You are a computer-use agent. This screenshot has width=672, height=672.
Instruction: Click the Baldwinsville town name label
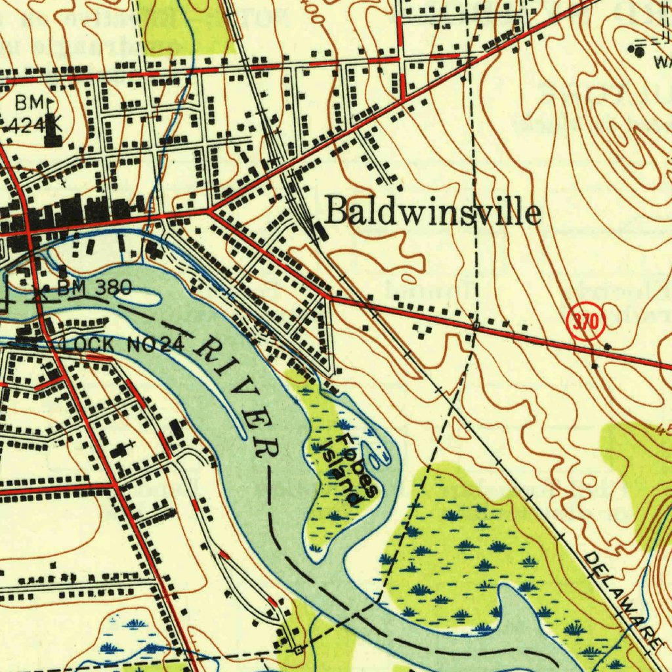[x=433, y=214]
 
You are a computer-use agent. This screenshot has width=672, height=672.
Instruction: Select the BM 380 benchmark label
[x=94, y=287]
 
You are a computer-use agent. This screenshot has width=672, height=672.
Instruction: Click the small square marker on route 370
[x=476, y=325]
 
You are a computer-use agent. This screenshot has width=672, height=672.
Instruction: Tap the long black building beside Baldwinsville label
[x=320, y=231]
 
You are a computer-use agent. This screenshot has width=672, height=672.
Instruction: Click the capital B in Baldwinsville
[x=338, y=213]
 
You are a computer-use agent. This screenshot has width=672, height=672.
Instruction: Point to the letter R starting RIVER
[x=211, y=352]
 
